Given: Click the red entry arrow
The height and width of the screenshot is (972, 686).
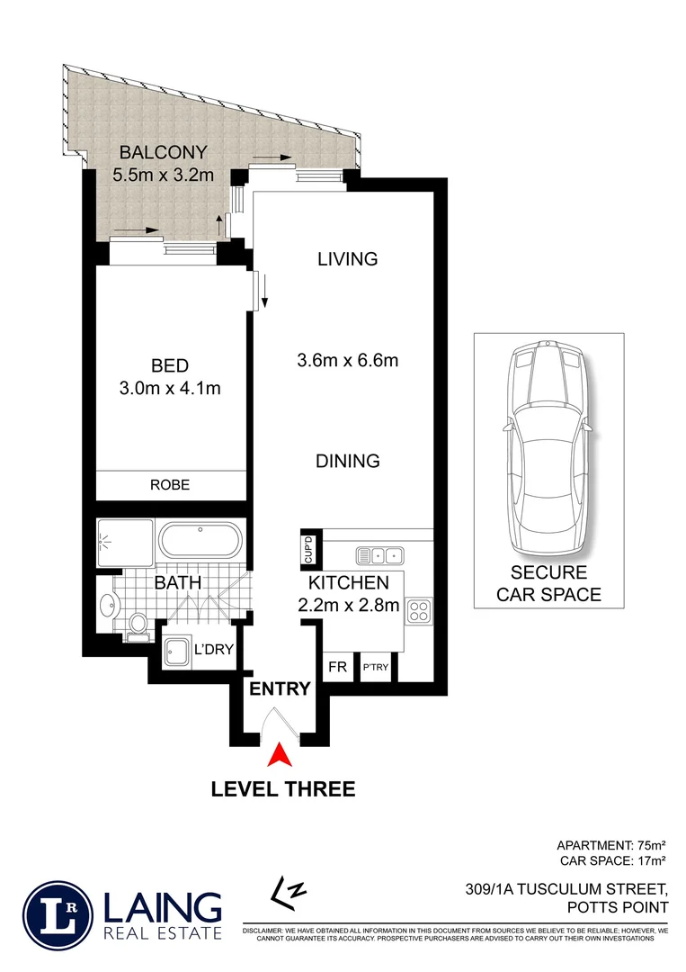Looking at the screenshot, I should tap(281, 754).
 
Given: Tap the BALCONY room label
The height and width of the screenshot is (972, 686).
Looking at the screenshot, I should tap(164, 152).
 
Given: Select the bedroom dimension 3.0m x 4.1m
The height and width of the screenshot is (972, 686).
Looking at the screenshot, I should tap(170, 389).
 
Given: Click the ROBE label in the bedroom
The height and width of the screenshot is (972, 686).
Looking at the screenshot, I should tap(170, 484).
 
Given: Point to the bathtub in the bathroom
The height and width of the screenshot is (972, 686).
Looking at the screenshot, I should tap(200, 542).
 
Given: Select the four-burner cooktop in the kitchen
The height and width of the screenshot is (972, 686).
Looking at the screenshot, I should tap(419, 612).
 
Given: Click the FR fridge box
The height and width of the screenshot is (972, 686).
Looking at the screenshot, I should tap(337, 668).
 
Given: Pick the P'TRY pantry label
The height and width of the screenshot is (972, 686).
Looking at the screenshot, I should tap(372, 668).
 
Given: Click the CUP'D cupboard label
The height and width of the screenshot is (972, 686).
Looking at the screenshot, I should tap(307, 547).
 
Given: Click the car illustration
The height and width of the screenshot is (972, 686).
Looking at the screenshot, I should tap(548, 450).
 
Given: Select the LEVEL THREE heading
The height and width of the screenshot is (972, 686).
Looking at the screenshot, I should tap(282, 789).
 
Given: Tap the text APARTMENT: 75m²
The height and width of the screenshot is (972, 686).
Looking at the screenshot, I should tap(610, 845).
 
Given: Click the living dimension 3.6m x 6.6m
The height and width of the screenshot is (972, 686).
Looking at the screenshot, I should tap(348, 361).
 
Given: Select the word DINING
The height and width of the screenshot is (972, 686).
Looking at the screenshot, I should tap(348, 461).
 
